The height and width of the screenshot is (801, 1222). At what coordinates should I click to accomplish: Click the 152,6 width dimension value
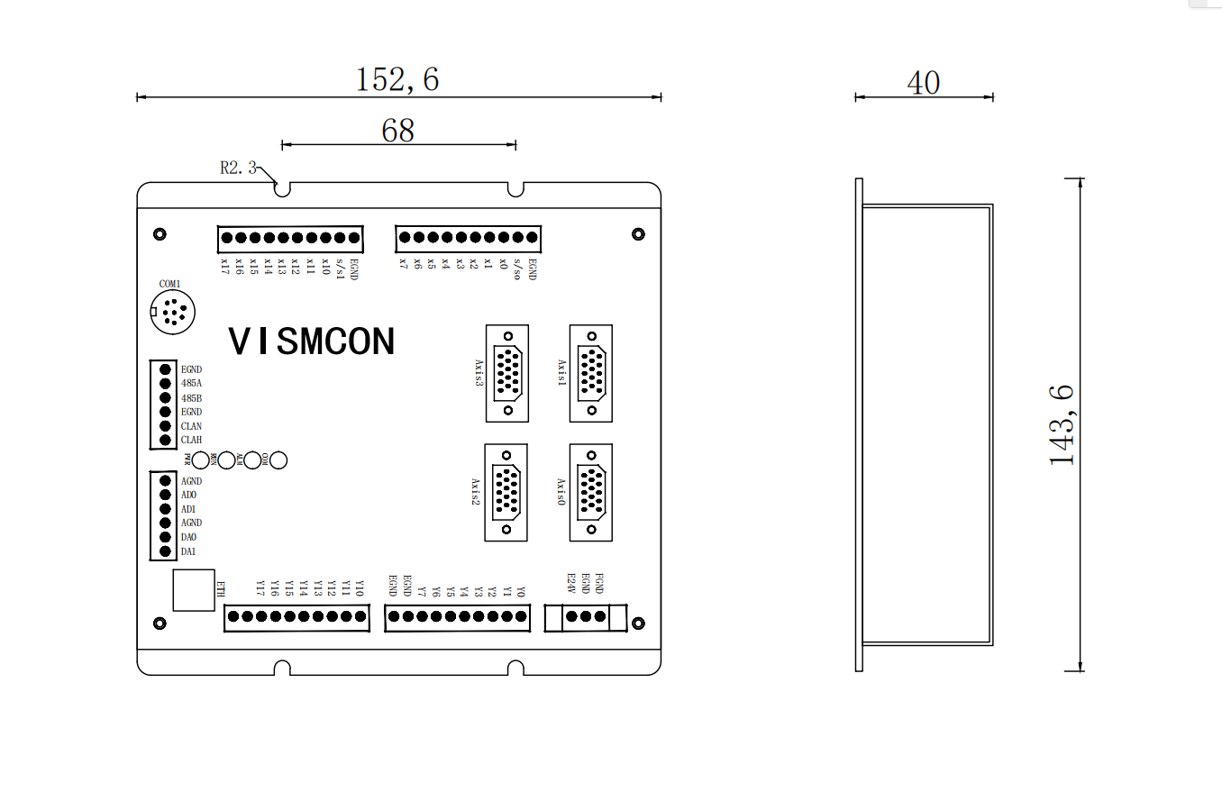click(x=397, y=79)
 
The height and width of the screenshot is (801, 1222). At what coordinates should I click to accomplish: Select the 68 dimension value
click(x=397, y=131)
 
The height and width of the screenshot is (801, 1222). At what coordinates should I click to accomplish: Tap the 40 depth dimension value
click(x=923, y=83)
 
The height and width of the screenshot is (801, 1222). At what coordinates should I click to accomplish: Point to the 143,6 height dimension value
click(x=1062, y=424)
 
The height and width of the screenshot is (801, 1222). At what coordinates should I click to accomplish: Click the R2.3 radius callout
click(x=238, y=167)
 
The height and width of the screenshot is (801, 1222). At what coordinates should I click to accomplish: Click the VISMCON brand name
click(x=312, y=341)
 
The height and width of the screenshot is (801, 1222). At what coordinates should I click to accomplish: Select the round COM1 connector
click(x=171, y=312)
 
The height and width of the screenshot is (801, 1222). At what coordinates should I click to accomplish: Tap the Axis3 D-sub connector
click(x=507, y=372)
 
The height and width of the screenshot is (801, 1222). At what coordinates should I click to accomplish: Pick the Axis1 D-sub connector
click(x=591, y=372)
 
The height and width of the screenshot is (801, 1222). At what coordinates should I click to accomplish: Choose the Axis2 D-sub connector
click(x=506, y=492)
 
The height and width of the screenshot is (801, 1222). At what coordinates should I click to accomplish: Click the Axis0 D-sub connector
click(x=591, y=492)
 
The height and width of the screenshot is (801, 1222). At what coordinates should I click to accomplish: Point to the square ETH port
click(x=194, y=590)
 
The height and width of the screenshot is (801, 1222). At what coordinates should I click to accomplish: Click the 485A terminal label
click(x=191, y=383)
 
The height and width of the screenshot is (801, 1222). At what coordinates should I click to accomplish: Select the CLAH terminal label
click(x=191, y=440)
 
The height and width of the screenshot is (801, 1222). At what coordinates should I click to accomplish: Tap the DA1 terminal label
click(x=188, y=551)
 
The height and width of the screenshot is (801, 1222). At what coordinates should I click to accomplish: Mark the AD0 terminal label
click(x=188, y=495)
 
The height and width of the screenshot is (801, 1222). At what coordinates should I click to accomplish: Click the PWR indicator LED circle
click(x=201, y=460)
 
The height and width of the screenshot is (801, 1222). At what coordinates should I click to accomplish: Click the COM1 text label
click(x=170, y=284)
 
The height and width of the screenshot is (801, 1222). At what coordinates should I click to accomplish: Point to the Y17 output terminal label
click(x=260, y=587)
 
